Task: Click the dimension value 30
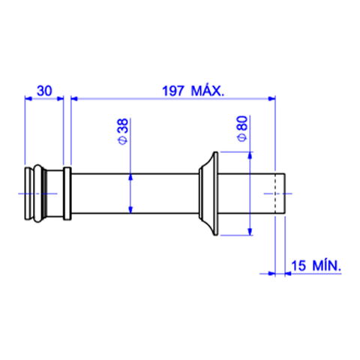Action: click(44, 91)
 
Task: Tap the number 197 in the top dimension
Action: click(173, 91)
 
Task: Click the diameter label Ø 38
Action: click(123, 131)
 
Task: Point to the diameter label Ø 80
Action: click(242, 129)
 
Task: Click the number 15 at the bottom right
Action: click(298, 265)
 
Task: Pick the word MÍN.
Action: click(327, 265)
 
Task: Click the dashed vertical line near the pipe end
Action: click(275, 193)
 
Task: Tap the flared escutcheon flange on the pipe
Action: click(208, 193)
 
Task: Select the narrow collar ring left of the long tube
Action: click(67, 193)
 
